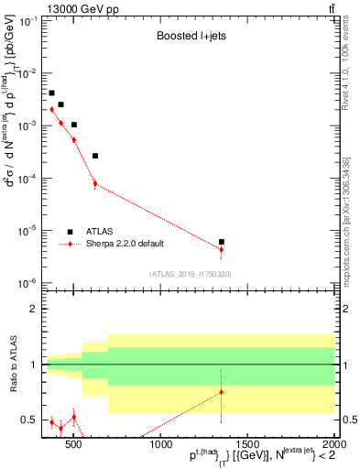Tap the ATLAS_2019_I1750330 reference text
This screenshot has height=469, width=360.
tap(190, 274)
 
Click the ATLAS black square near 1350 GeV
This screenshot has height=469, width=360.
tap(222, 242)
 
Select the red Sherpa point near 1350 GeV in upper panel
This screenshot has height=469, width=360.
tap(222, 249)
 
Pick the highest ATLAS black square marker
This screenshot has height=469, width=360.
tap(52, 93)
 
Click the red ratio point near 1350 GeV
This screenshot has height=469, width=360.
tap(222, 392)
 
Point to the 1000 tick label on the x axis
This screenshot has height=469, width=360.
tap(161, 444)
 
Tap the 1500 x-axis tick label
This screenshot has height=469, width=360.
tap(247, 444)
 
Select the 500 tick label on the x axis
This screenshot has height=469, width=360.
tap(75, 444)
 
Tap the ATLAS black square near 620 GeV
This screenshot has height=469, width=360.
tap(95, 156)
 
